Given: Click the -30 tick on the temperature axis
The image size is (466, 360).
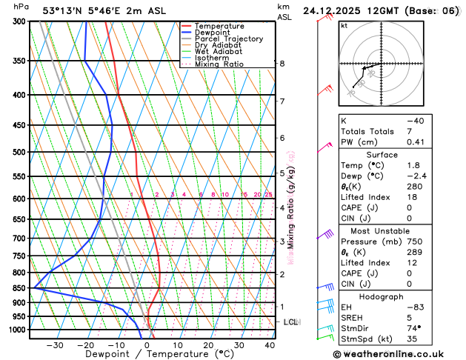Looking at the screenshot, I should pyautogui.click(x=55, y=345).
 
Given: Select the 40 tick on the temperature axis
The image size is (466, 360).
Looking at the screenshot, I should pyautogui.click(x=270, y=345).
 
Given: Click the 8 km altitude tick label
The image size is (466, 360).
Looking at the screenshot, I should pyautogui.click(x=282, y=64).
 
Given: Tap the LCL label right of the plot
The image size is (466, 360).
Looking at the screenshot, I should pyautogui.click(x=290, y=322).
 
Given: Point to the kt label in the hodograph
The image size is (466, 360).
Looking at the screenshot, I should pyautogui.click(x=344, y=25).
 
